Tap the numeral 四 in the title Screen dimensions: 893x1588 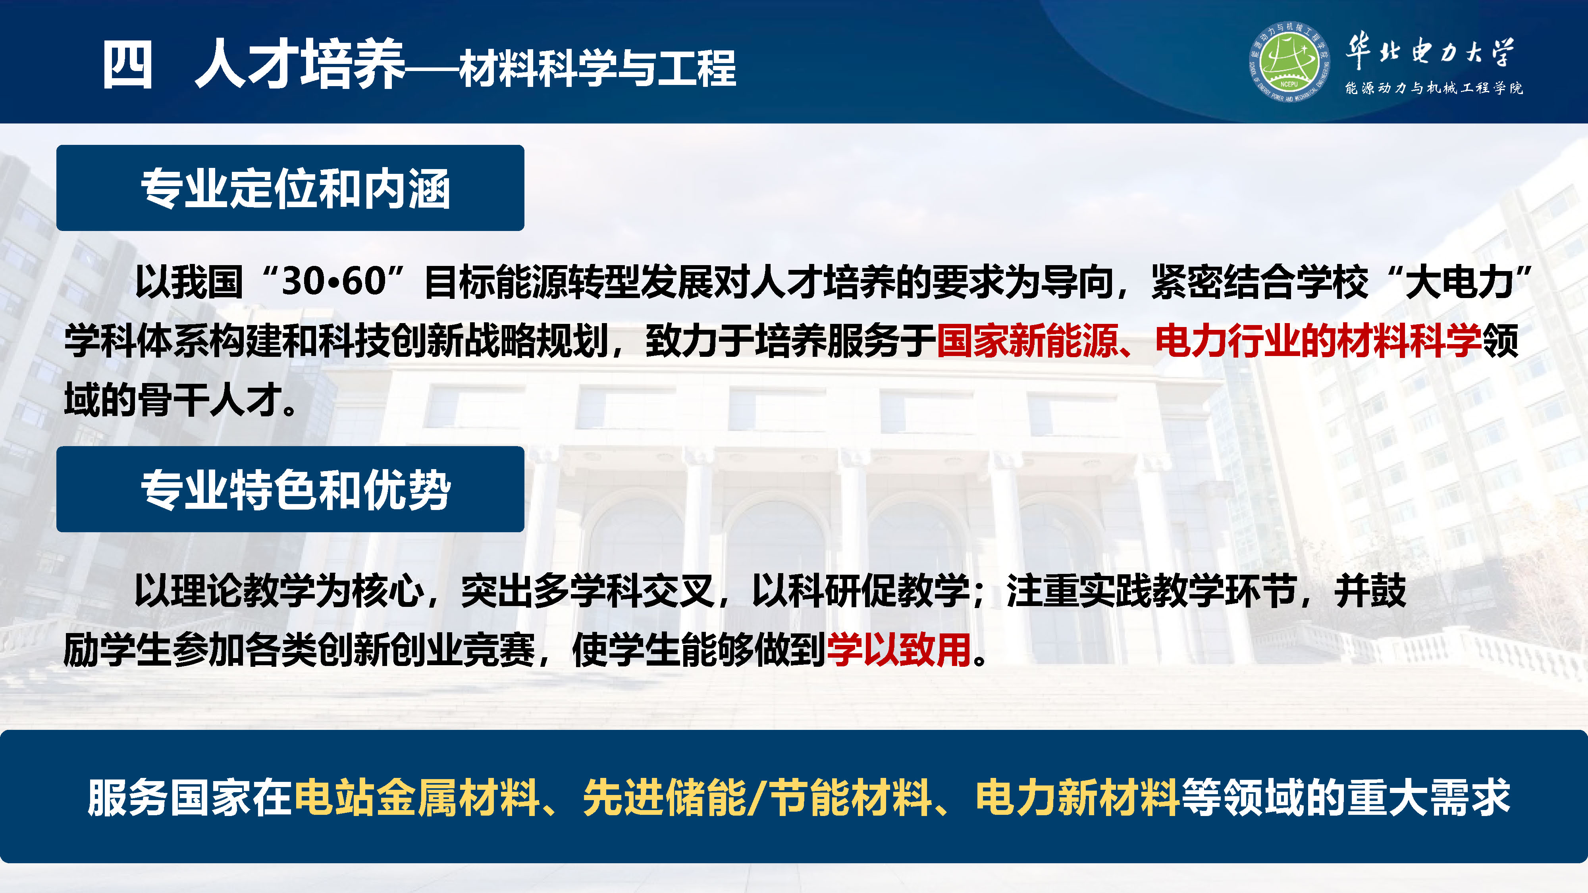(127, 65)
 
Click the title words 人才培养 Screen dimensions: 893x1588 (300, 64)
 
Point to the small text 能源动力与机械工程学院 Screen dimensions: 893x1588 (1433, 88)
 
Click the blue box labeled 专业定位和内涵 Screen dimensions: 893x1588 (290, 188)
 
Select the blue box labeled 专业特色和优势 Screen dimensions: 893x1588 (290, 489)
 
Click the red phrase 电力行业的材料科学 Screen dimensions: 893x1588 (1318, 341)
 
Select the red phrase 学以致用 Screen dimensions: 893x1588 (899, 650)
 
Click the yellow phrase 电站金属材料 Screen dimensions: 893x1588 (417, 797)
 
